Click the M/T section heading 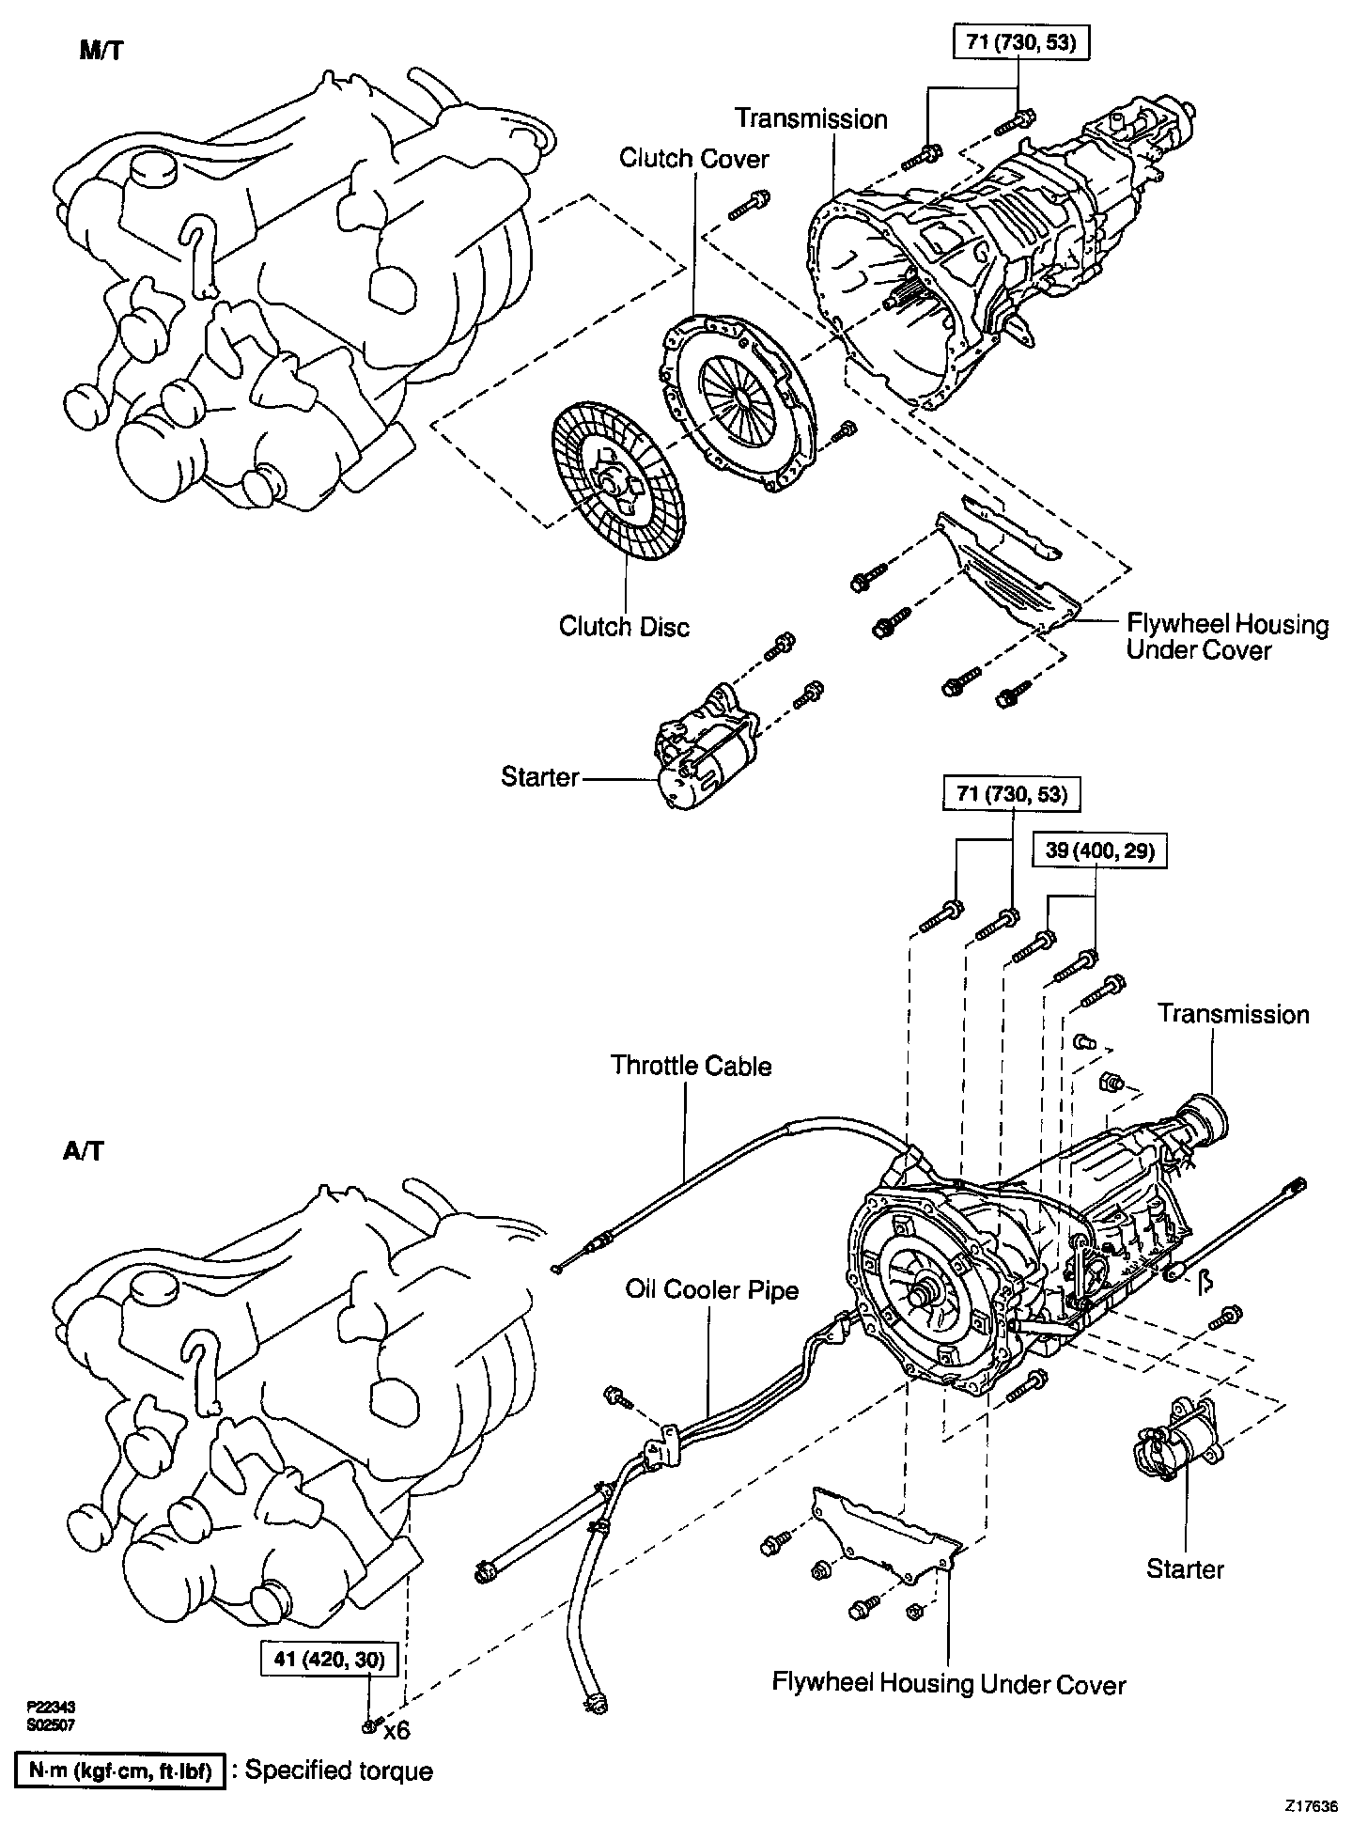tap(101, 51)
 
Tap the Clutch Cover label tap(693, 158)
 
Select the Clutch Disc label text tap(624, 626)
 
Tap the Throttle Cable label tap(691, 1066)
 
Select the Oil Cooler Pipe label tap(712, 1289)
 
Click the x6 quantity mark tap(397, 1729)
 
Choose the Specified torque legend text tap(339, 1771)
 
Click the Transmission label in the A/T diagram tap(1233, 1014)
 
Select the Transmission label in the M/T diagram tap(811, 119)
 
